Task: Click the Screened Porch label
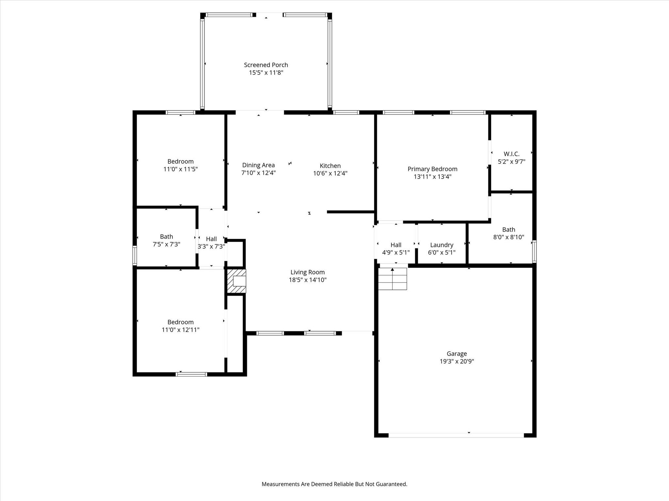pyautogui.click(x=266, y=65)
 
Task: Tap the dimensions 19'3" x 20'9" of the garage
pyautogui.click(x=457, y=361)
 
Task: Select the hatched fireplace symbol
pyautogui.click(x=237, y=281)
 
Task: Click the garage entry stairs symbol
pyautogui.click(x=393, y=279)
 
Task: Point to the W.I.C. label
pyautogui.click(x=512, y=154)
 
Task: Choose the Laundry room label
pyautogui.click(x=442, y=245)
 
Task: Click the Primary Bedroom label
pyautogui.click(x=432, y=169)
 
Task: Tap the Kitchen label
pyautogui.click(x=330, y=166)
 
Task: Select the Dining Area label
pyautogui.click(x=258, y=165)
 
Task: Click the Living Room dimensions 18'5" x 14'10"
pyautogui.click(x=307, y=280)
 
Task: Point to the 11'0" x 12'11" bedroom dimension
pyautogui.click(x=180, y=330)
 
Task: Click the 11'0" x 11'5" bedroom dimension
pyautogui.click(x=180, y=169)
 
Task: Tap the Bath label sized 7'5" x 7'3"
pyautogui.click(x=166, y=236)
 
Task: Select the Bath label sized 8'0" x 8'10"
pyautogui.click(x=509, y=230)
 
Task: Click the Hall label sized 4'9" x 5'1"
pyautogui.click(x=396, y=245)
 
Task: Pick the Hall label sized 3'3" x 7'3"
pyautogui.click(x=211, y=239)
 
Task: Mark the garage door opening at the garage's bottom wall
pyautogui.click(x=456, y=435)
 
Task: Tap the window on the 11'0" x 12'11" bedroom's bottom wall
pyautogui.click(x=191, y=374)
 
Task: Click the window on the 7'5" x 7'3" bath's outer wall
pyautogui.click(x=135, y=255)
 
